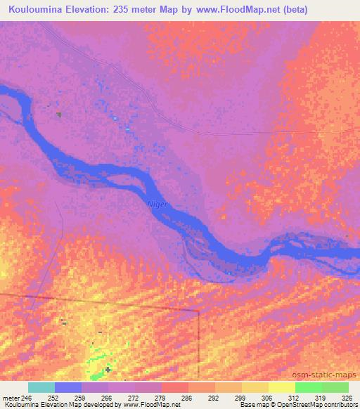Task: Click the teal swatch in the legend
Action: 41,387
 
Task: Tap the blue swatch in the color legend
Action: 68,387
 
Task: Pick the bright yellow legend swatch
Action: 281,387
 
